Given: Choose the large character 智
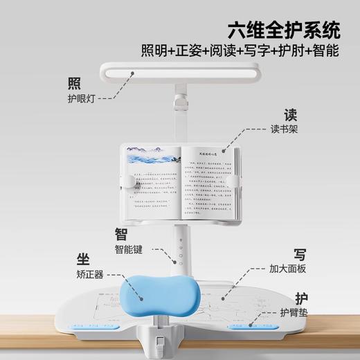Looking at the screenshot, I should tap(121, 233).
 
